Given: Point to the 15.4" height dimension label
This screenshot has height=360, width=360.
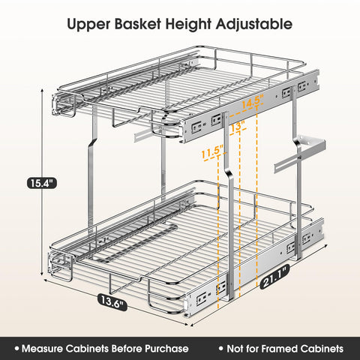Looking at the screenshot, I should click(40, 182).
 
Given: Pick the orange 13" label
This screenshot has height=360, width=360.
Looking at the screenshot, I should click(238, 125).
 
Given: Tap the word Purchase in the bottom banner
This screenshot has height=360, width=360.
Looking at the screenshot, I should click(163, 349).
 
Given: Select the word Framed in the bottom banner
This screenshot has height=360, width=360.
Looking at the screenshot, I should click(280, 349).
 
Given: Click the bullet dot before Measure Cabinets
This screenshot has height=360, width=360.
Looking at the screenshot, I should click(14, 349).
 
